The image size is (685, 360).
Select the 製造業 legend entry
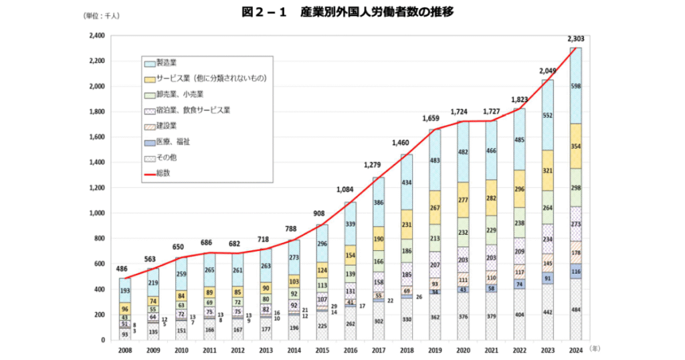(x=167, y=63)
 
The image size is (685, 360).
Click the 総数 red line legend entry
(x=163, y=173)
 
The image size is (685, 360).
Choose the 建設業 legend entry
(x=167, y=126)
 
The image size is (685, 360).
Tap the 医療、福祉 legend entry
(x=171, y=142)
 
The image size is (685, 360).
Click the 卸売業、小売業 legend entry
(x=175, y=94)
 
